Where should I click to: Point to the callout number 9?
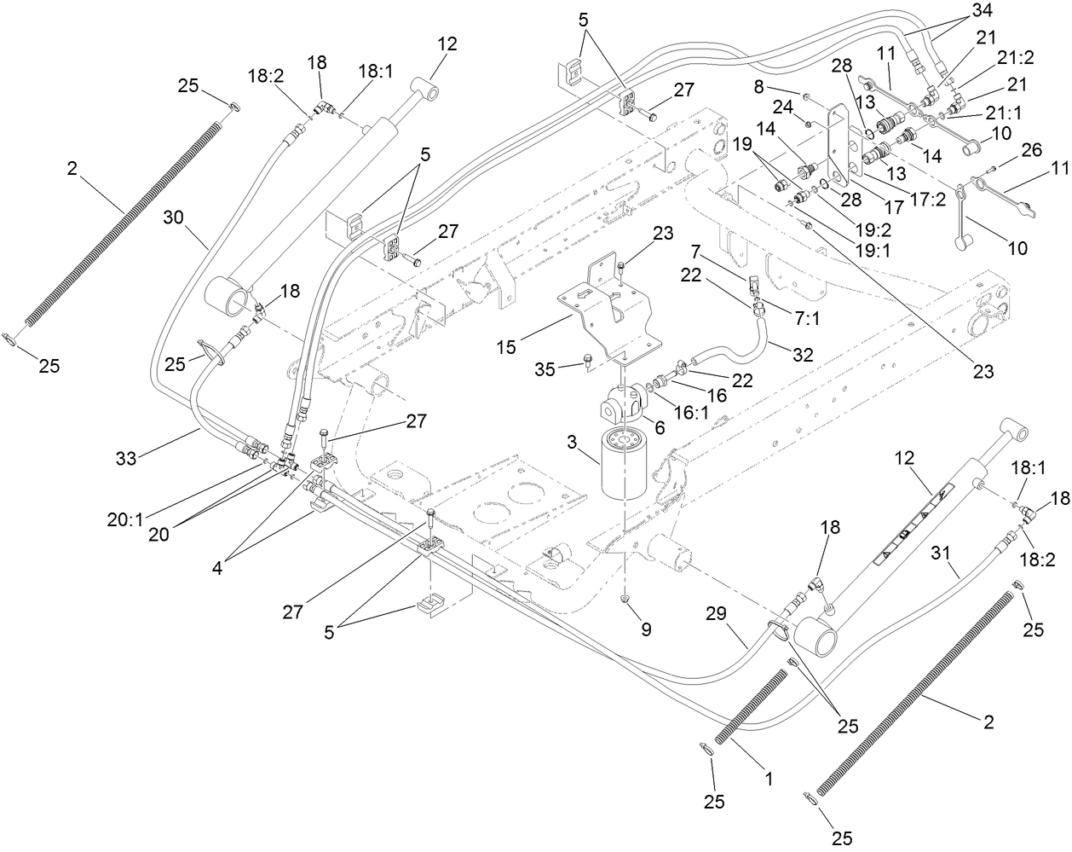click(646, 630)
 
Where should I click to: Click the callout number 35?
click(568, 368)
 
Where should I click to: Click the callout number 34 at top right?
click(959, 11)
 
